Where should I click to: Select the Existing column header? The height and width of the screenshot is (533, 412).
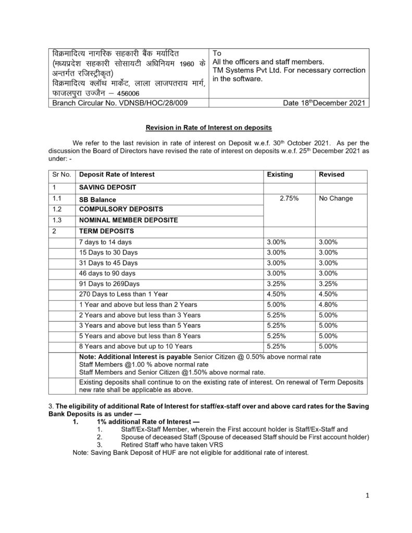tap(280, 174)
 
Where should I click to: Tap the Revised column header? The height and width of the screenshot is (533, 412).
tap(331, 174)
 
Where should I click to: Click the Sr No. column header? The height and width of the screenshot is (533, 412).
tap(63, 174)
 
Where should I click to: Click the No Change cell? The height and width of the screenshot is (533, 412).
tap(336, 198)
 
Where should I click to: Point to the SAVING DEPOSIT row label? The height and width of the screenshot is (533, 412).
tap(106, 186)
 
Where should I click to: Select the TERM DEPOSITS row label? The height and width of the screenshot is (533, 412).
tap(103, 231)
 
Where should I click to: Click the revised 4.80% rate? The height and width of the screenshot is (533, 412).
tap(329, 304)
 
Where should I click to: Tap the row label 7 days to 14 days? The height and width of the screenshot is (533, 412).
tap(105, 242)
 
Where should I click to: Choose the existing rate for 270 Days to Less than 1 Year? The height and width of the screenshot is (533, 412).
tap(276, 294)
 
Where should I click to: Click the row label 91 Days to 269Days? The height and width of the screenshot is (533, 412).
tap(109, 283)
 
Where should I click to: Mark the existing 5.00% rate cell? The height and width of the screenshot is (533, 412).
tap(276, 304)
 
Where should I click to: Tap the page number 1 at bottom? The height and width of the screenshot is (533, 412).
tap(367, 496)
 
